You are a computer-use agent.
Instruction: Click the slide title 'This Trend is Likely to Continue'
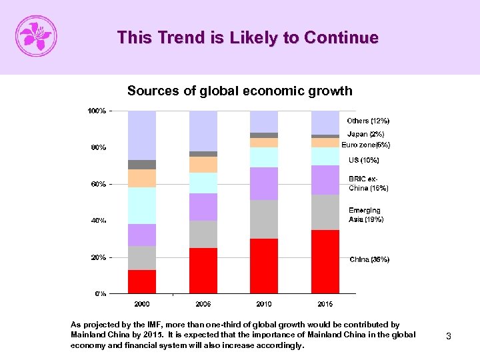pos(247,38)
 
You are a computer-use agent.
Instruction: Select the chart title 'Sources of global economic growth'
pos(239,91)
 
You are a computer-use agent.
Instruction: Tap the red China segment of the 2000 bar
pos(141,281)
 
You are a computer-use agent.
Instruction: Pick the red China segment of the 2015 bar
pos(325,261)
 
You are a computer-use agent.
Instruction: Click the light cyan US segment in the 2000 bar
pos(141,205)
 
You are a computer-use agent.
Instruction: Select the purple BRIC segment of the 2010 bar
pos(264,183)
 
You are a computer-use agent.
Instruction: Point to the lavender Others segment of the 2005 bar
pos(203,131)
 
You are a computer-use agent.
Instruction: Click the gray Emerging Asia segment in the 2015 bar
pos(325,212)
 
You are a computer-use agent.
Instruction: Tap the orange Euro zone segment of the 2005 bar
pos(203,164)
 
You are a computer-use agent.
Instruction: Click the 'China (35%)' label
pos(369,259)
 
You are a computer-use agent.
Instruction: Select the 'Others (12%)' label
pos(368,121)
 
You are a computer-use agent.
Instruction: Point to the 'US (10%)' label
pos(364,160)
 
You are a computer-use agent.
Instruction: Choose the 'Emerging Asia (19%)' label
pos(365,215)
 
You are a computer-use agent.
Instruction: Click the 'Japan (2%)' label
pos(365,134)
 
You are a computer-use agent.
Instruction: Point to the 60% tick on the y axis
pos(98,184)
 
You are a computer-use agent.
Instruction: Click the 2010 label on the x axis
pos(264,304)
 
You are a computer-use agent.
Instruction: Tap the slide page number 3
pos(449,337)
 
